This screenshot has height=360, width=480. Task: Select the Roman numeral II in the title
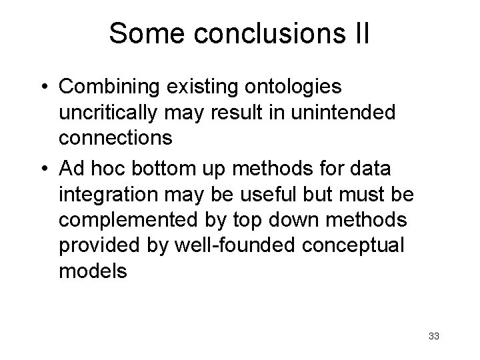coord(358,34)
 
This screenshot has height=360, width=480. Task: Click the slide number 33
coord(434,335)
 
